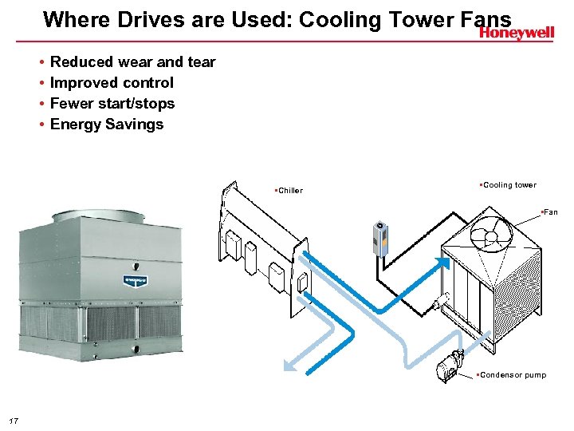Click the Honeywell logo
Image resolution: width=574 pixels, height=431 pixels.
(x=516, y=33)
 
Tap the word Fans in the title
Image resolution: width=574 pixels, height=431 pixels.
(x=486, y=18)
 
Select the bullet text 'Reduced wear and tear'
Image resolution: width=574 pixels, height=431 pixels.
(x=132, y=61)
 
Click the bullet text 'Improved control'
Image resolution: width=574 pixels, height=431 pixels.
(x=112, y=82)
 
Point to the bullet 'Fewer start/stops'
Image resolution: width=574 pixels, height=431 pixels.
(x=112, y=103)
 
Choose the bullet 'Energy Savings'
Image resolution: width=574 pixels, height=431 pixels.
(x=107, y=124)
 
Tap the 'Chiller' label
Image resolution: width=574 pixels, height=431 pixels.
(x=289, y=191)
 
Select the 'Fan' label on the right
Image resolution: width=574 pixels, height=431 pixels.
(x=550, y=212)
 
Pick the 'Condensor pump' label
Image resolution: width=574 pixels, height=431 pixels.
(x=513, y=375)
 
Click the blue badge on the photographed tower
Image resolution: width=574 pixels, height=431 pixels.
(x=133, y=279)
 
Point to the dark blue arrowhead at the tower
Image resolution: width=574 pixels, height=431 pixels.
(x=442, y=262)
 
